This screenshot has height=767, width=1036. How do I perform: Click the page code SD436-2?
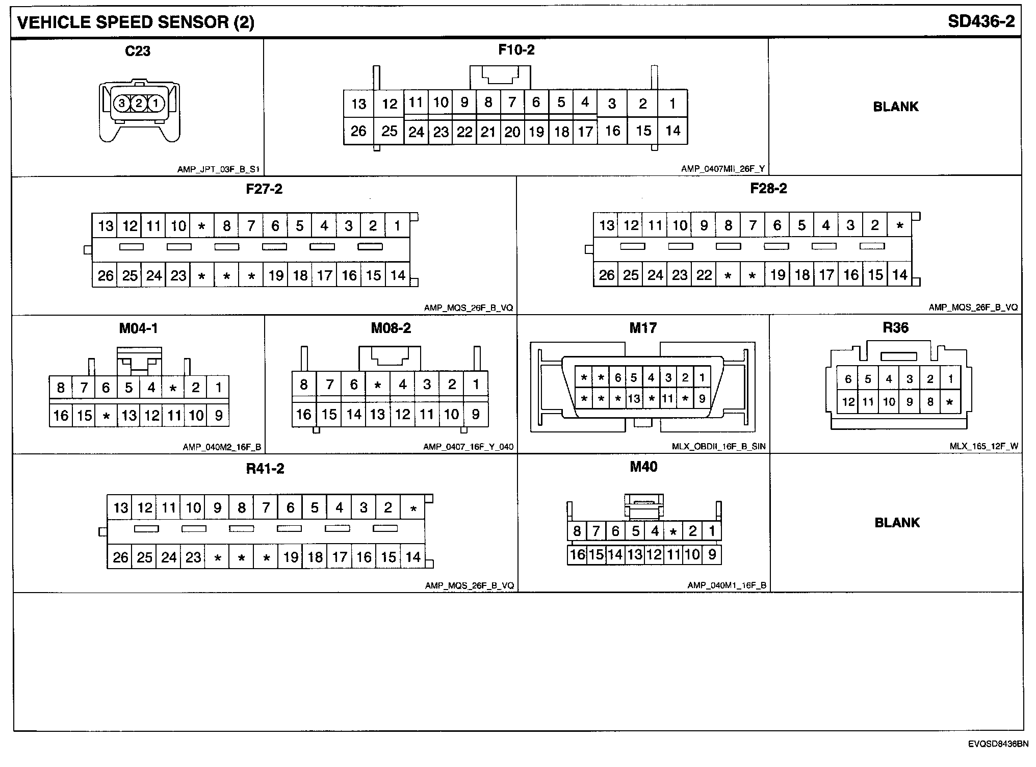[x=981, y=21]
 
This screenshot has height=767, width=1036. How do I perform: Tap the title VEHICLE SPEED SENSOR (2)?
[x=136, y=22]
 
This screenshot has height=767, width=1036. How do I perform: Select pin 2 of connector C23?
[x=138, y=104]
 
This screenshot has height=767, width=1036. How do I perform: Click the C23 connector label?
[x=138, y=51]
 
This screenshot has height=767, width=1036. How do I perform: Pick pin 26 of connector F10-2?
[x=358, y=131]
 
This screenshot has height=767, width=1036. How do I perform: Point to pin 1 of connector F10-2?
[x=672, y=104]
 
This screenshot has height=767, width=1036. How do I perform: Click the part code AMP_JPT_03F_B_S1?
[x=218, y=169]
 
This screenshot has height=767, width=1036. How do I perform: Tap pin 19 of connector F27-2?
[x=276, y=276]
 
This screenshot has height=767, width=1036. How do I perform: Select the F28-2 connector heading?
[x=768, y=189]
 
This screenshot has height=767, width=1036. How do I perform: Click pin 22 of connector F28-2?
[x=704, y=275]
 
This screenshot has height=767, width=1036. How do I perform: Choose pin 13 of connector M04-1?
[x=129, y=416]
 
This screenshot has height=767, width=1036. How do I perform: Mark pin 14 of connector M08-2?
[x=354, y=414]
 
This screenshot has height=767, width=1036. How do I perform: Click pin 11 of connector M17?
[x=668, y=398]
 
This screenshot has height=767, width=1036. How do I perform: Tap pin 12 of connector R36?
[x=848, y=402]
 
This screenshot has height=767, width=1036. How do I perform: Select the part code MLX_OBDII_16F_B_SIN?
[x=718, y=447]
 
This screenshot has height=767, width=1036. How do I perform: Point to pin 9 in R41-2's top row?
[x=217, y=507]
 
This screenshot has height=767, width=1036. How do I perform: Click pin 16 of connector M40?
[x=577, y=554]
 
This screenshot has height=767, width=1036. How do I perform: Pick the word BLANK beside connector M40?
[x=897, y=523]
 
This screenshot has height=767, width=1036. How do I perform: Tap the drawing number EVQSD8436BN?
[x=998, y=744]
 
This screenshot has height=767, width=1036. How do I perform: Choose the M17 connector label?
[x=643, y=328]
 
